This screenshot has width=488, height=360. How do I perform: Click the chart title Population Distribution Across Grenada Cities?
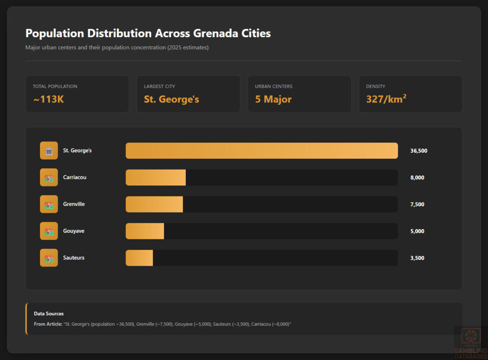coord(148,33)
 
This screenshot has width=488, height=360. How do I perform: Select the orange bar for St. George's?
coord(262,151)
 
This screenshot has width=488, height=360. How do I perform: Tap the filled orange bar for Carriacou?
coord(155,177)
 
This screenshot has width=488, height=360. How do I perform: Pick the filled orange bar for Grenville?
coord(154,204)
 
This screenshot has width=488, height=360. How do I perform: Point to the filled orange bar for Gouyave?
coord(144,231)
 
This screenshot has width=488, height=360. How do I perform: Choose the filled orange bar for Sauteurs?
coord(139,257)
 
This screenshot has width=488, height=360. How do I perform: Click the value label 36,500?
coord(418,151)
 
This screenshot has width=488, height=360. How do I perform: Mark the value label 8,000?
coord(417,177)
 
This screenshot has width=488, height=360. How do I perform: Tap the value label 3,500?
coord(417,258)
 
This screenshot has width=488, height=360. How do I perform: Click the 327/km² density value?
coord(386,99)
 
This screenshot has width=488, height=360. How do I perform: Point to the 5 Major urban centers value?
coord(273,99)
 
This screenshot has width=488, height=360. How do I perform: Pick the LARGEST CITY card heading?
coord(159,86)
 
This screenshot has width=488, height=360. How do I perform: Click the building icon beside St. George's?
coord(49,151)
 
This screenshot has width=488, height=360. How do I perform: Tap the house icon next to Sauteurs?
coord(49,258)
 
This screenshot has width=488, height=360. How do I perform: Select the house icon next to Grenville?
coord(49,204)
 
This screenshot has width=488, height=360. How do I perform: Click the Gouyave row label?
coord(74,231)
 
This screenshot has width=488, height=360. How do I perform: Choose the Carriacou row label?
coord(75,177)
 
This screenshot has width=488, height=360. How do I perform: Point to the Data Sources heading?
coord(49,313)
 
